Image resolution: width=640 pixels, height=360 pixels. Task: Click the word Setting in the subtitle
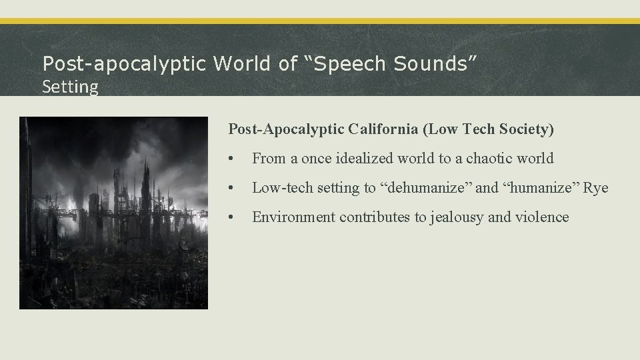[x=70, y=86]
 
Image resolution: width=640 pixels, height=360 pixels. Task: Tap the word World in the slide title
[x=241, y=63]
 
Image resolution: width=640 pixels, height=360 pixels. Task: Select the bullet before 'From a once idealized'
[x=230, y=159]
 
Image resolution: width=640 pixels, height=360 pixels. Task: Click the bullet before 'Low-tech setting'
[x=230, y=188]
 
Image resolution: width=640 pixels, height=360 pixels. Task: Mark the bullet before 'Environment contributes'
[x=230, y=217]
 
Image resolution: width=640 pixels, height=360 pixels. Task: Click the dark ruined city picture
[x=113, y=213]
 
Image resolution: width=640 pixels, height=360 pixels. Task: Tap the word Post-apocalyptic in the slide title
[x=125, y=63]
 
